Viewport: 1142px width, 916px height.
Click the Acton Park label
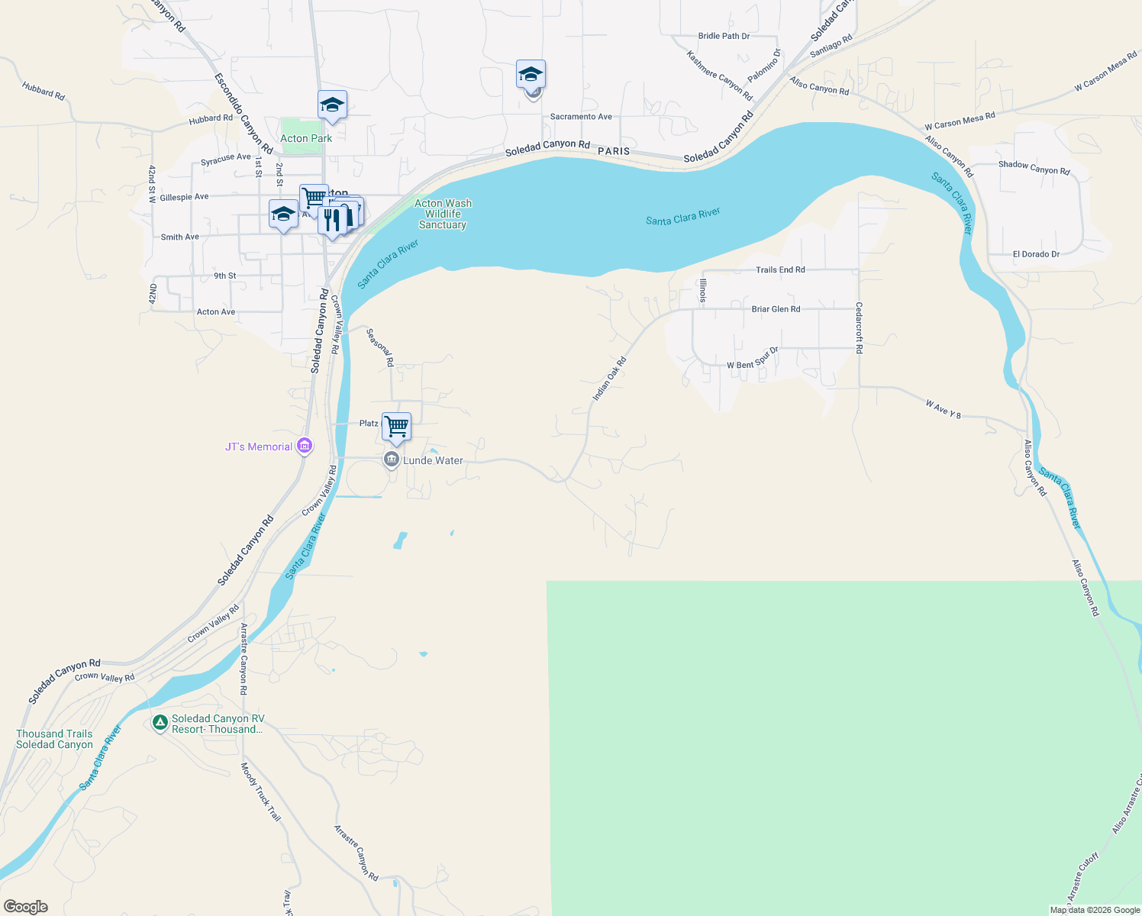click(306, 138)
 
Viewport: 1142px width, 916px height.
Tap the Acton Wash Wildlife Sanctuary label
click(443, 214)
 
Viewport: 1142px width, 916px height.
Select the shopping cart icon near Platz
click(397, 425)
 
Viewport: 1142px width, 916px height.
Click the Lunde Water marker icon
click(392, 460)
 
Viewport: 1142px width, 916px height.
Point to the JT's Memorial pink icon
click(305, 446)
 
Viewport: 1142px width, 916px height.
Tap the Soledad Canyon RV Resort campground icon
click(160, 722)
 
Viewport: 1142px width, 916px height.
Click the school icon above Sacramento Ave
click(531, 75)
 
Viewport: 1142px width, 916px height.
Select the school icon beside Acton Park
click(332, 105)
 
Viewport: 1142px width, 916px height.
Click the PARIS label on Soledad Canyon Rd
click(614, 151)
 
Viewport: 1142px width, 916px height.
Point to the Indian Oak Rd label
click(609, 379)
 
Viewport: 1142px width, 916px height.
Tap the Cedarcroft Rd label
click(859, 327)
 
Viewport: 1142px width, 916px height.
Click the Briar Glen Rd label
click(776, 309)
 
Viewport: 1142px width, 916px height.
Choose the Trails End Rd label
click(780, 269)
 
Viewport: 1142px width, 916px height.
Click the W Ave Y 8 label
click(943, 409)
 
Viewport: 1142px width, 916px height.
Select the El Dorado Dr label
click(1036, 254)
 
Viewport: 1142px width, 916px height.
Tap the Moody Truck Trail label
click(261, 792)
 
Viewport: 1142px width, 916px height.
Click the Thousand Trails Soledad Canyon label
click(54, 739)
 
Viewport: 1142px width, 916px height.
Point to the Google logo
click(26, 907)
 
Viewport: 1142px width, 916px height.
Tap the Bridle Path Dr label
click(724, 36)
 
